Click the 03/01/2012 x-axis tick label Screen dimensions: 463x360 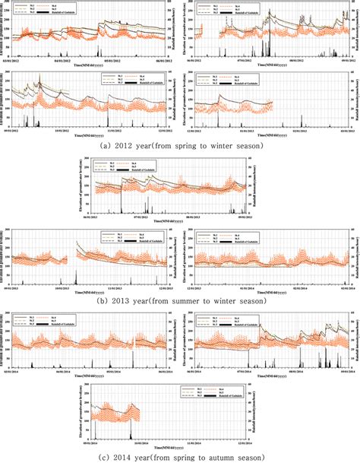[14, 66]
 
